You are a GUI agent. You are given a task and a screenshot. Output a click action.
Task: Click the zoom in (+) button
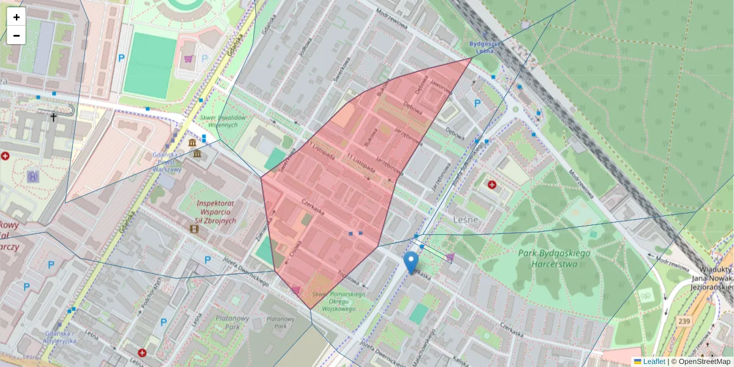click(17, 17)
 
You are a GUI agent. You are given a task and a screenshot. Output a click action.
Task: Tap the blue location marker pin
click(411, 262)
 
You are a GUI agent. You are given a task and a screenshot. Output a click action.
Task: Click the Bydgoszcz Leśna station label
click(485, 48)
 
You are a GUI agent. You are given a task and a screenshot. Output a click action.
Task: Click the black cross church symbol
click(53, 116)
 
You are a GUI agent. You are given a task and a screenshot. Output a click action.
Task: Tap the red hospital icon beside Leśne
click(492, 184)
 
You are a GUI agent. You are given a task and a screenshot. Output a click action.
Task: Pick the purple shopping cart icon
click(188, 59)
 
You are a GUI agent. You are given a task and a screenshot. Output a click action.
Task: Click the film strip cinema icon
click(195, 229)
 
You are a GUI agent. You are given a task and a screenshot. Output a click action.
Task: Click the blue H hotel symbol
click(33, 176)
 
